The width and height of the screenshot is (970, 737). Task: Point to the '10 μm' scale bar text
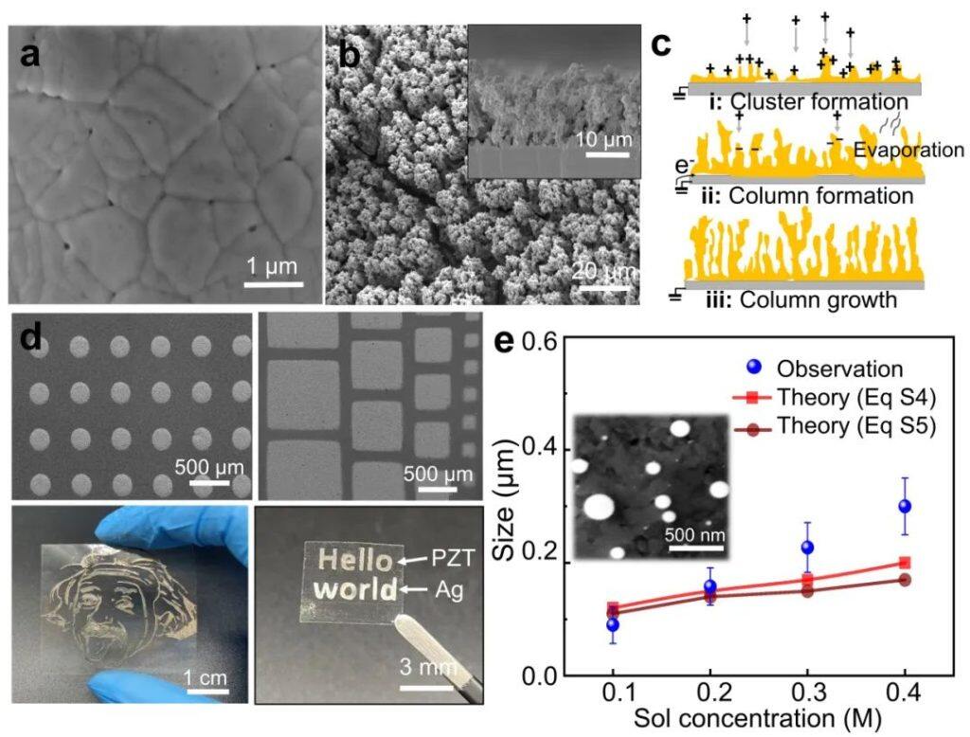tap(602, 142)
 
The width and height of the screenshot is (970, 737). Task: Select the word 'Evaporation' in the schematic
tap(908, 150)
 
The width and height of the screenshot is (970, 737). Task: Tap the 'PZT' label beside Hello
tap(454, 558)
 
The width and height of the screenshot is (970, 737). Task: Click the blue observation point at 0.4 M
tap(905, 506)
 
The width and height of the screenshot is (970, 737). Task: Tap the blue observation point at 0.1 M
tap(613, 624)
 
